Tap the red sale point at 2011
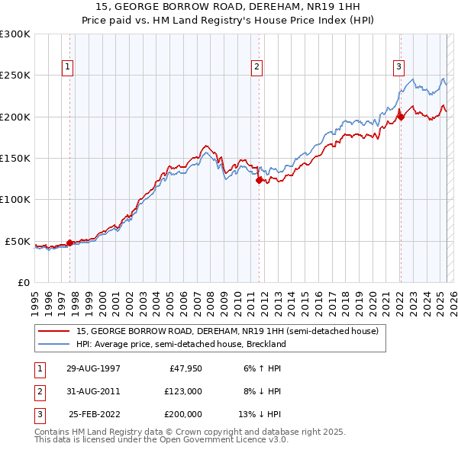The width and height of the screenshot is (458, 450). click(259, 181)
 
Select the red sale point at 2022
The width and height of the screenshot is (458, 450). click(400, 117)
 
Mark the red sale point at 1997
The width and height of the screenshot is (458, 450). click(69, 243)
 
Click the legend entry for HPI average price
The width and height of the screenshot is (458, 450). click(180, 344)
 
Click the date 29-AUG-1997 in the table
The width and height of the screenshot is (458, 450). click(93, 368)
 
